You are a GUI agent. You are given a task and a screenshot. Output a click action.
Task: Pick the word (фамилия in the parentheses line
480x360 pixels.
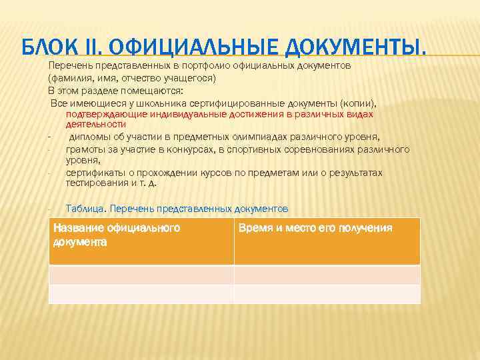click(66, 79)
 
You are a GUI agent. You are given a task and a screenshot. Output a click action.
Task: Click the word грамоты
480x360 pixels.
click(83, 149)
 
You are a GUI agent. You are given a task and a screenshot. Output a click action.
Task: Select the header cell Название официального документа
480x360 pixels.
click(141, 241)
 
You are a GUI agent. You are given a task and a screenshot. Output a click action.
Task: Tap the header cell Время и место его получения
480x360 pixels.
click(327, 241)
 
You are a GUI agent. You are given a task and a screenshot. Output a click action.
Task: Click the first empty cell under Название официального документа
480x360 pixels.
click(141, 275)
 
